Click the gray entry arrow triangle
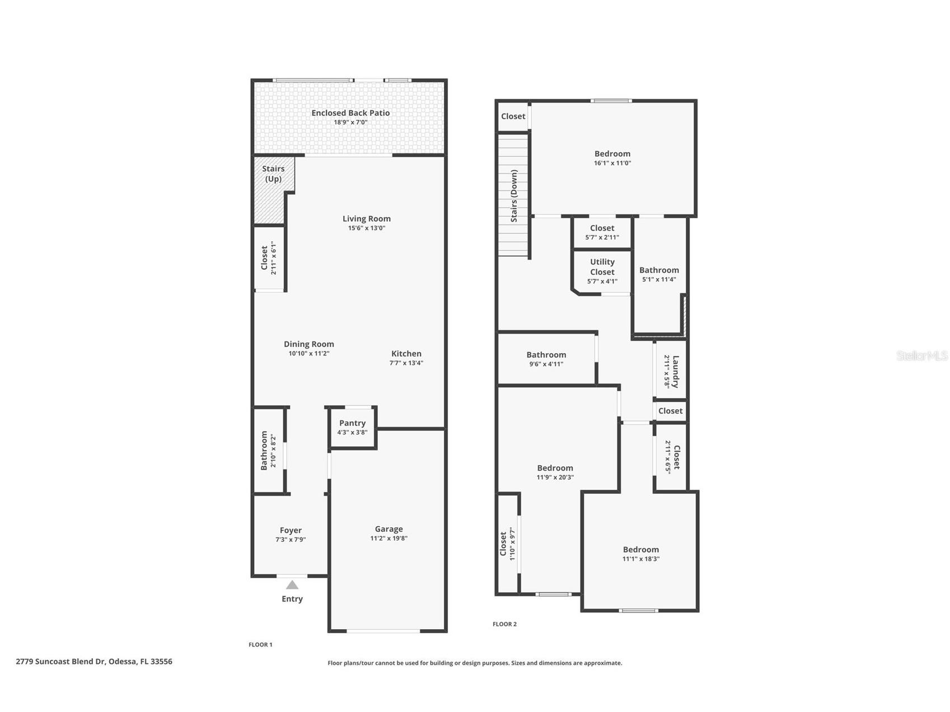[x=292, y=585]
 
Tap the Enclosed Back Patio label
[x=350, y=113]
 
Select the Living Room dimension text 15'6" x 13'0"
[x=367, y=228]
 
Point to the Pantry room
[x=352, y=427]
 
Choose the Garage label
[x=389, y=529]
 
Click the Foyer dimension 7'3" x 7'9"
[x=291, y=540]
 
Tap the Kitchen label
[x=406, y=354]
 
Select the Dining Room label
[x=308, y=344]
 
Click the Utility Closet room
[x=602, y=271]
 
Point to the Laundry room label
[x=675, y=371]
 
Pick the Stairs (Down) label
[x=514, y=196]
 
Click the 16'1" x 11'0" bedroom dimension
[x=612, y=163]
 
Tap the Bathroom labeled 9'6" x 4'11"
[x=546, y=359]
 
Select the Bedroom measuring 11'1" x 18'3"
[x=640, y=554]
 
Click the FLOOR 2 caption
[x=504, y=624]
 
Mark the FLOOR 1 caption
[x=260, y=645]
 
